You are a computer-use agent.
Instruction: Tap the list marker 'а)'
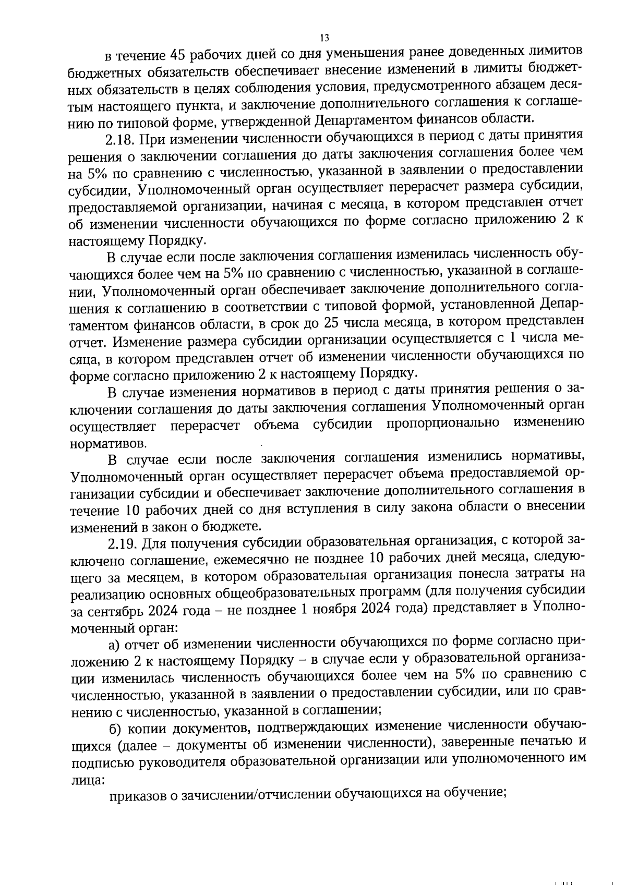click(115, 645)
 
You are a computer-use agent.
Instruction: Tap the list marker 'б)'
click(115, 728)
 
